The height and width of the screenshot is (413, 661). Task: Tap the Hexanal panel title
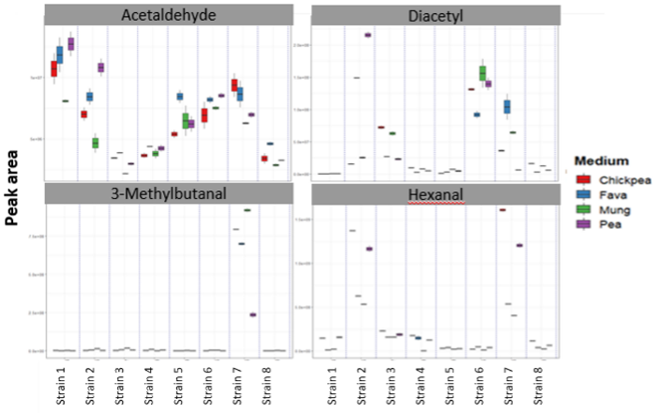[436, 196]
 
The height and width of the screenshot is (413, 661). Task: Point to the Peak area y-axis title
[13, 190]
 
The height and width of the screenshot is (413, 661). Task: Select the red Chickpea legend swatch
[583, 179]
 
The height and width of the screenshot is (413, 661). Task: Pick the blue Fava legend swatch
[583, 194]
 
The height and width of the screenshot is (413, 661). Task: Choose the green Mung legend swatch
[583, 209]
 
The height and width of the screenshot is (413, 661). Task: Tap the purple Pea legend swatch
[583, 224]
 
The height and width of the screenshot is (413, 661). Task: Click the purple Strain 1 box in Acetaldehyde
[71, 43]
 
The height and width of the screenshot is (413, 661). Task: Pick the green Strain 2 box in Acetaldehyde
[96, 143]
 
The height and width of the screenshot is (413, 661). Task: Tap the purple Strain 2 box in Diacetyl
[368, 35]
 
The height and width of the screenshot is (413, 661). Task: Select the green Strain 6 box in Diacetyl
[483, 72]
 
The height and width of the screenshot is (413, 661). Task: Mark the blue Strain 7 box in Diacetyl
[506, 107]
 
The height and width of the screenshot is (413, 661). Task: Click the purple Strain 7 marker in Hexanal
[518, 246]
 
